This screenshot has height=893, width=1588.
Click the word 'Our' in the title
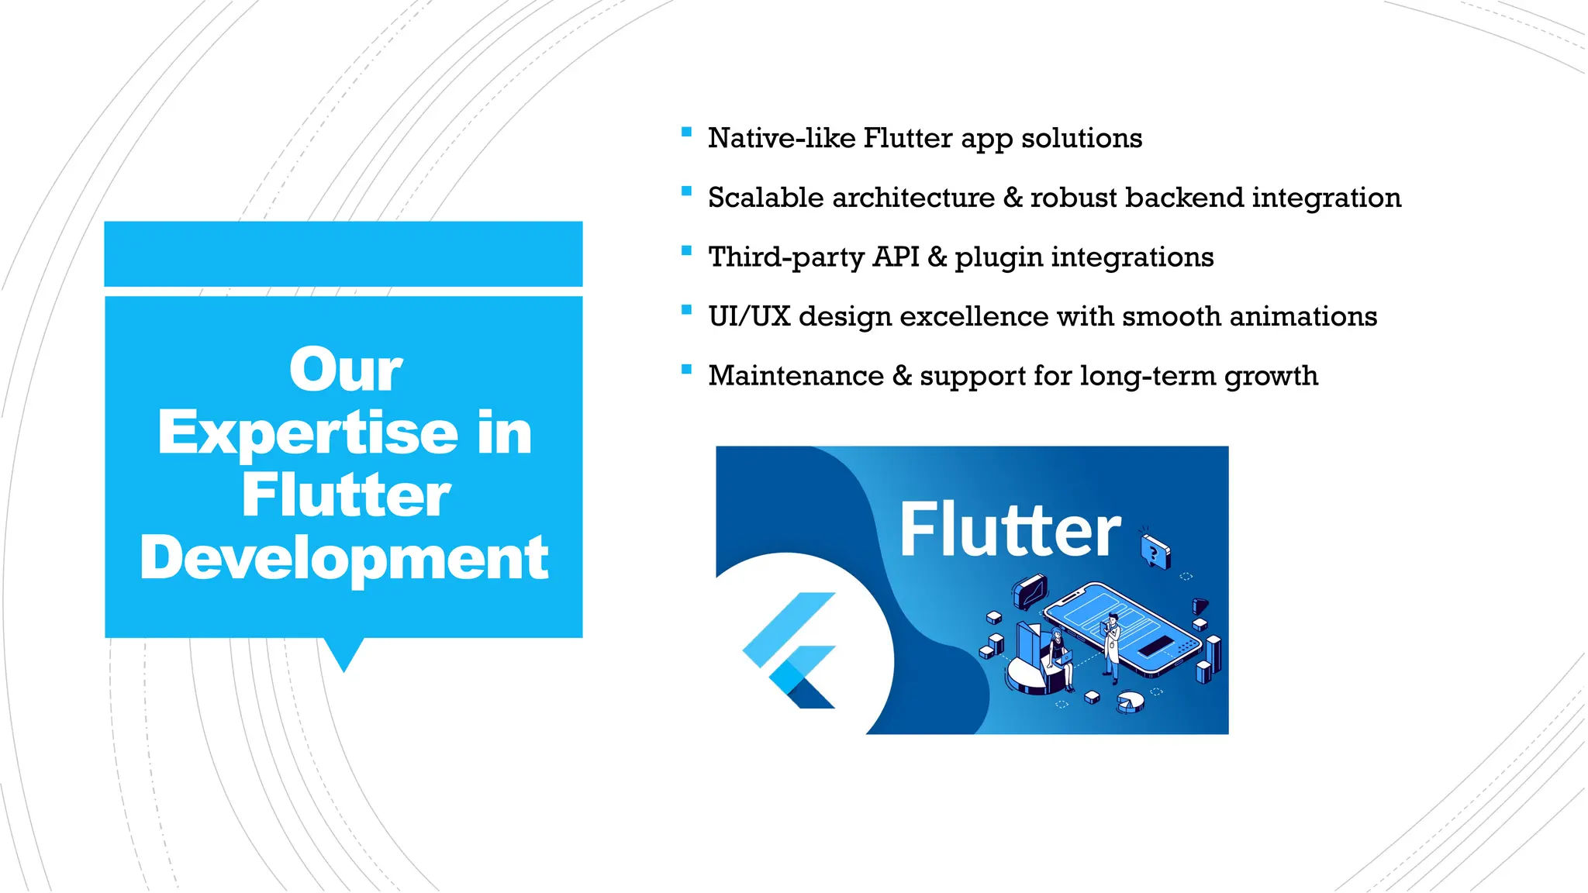click(x=345, y=370)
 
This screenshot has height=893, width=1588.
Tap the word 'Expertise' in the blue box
click(x=308, y=433)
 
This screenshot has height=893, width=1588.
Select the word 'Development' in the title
click(x=343, y=558)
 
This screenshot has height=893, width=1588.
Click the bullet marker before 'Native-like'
click(x=686, y=133)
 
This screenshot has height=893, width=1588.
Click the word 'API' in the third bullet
click(x=896, y=257)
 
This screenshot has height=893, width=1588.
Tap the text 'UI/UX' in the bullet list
click(x=748, y=316)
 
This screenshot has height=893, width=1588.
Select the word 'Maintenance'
click(x=796, y=376)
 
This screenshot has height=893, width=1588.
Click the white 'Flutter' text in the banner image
click(x=1010, y=530)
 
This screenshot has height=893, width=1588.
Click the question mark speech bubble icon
click(x=1155, y=552)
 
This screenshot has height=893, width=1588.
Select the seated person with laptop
click(x=1060, y=659)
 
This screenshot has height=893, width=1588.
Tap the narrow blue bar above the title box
click(x=343, y=253)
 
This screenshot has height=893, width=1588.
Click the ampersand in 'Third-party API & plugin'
click(x=937, y=257)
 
